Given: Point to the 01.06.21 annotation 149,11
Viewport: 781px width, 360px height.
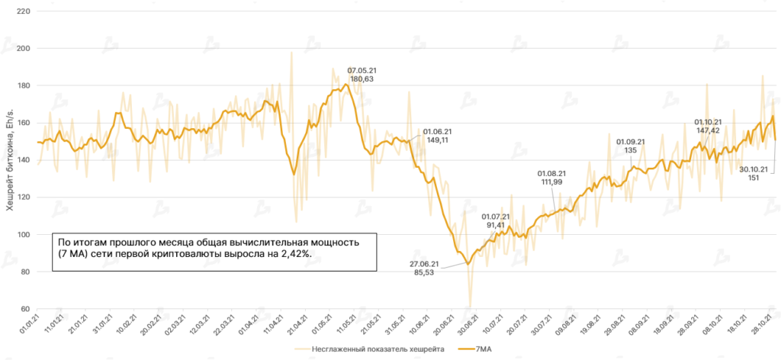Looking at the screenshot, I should point(437,140).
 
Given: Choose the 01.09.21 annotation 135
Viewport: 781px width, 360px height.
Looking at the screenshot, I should point(630,150).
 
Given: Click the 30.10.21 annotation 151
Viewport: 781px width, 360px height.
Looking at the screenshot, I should point(754,178).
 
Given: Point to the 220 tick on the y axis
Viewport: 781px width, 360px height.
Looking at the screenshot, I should point(22,12).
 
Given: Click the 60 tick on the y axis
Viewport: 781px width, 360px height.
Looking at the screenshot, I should point(24,309).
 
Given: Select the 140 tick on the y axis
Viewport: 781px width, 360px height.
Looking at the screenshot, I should point(22,160).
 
